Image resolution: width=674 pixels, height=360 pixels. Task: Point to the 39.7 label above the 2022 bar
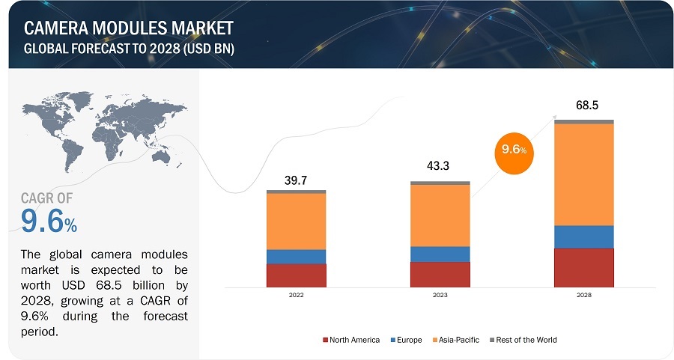pyautogui.click(x=296, y=180)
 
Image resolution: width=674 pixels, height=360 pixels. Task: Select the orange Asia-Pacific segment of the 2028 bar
pyautogui.click(x=583, y=174)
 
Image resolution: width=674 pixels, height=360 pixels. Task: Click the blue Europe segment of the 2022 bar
pyautogui.click(x=296, y=257)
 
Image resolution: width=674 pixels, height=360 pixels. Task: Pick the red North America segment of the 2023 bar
pyautogui.click(x=440, y=274)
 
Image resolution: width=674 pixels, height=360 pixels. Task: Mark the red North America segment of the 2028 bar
pyautogui.click(x=583, y=267)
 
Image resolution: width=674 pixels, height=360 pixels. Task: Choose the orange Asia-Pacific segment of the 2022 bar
pyautogui.click(x=296, y=222)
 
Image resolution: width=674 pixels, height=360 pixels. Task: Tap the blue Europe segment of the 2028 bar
pyautogui.click(x=583, y=237)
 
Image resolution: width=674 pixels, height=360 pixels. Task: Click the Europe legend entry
pyautogui.click(x=407, y=340)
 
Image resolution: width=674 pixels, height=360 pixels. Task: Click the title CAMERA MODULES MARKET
pyautogui.click(x=129, y=28)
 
